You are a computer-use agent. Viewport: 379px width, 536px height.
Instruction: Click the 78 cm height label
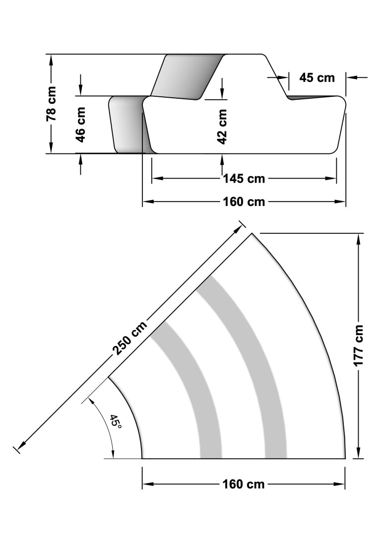pos(51,104)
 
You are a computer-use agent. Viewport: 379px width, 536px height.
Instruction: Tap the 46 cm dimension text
pos(80,125)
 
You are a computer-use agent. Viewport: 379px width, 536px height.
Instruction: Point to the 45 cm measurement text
pos(317,77)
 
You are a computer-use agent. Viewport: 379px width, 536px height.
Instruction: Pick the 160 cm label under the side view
pos(244,202)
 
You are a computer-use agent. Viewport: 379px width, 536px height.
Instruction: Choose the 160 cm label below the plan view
pos(244,484)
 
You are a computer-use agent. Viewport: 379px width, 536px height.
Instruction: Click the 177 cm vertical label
pos(359,346)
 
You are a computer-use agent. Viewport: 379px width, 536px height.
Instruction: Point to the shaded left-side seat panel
pos(128,124)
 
